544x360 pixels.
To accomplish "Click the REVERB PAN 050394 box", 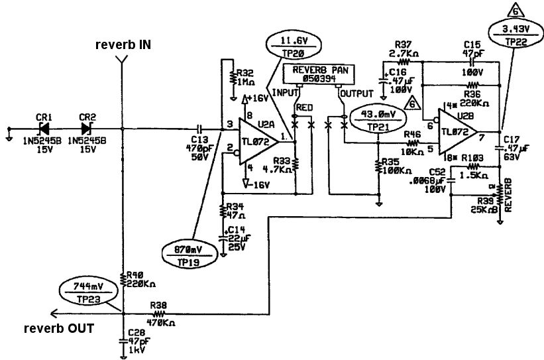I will (318, 74).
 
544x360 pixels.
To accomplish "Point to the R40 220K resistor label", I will (141, 279).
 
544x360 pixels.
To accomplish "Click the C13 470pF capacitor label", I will (198, 145).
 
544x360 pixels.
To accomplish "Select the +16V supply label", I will (259, 98).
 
